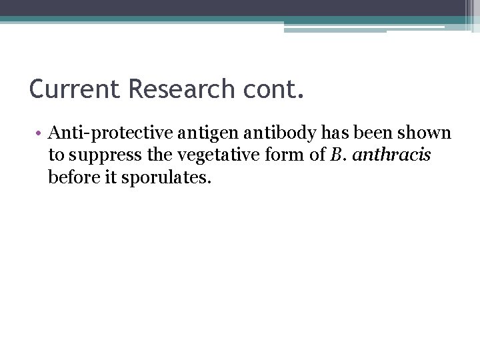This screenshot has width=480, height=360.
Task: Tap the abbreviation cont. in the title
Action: coord(274,89)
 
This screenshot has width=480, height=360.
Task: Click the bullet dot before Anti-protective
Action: coord(40,134)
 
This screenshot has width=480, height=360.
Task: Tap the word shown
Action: coord(426,133)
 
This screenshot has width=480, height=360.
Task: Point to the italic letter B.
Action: coord(335,155)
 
